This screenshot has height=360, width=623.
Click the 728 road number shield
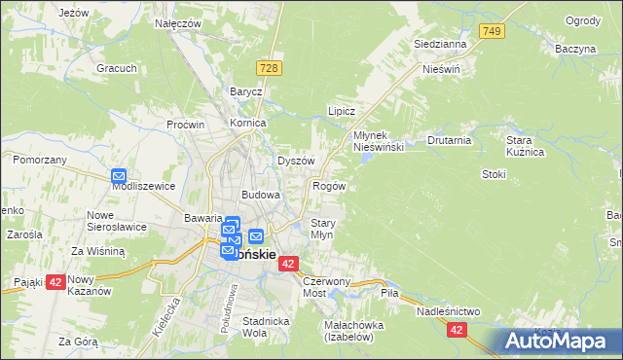[270, 66]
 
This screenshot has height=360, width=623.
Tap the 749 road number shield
[493, 32]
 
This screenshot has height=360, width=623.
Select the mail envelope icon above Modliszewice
[119, 176]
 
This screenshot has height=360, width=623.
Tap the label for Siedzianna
[440, 44]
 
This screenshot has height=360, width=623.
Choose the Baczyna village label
[575, 48]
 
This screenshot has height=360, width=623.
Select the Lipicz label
[341, 111]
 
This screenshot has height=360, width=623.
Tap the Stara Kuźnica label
[524, 146]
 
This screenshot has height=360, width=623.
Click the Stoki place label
[494, 174]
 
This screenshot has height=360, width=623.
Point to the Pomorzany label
[40, 159]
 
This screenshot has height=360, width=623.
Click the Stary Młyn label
[322, 229]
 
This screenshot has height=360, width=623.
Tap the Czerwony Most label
[325, 286]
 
